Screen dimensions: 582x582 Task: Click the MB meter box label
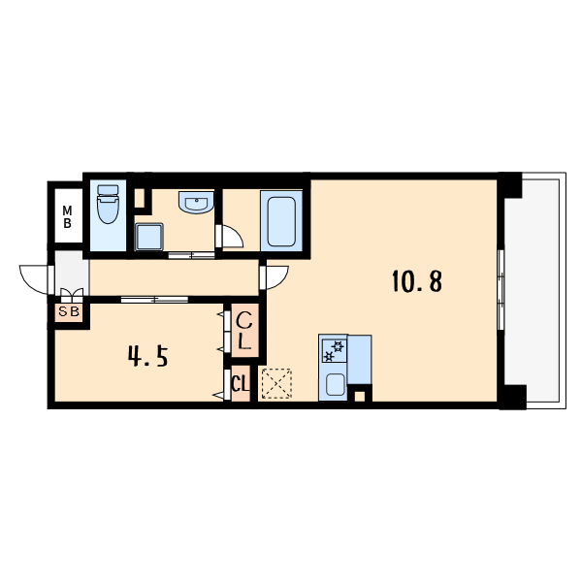(x=67, y=217)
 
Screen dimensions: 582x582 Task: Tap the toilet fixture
(x=108, y=204)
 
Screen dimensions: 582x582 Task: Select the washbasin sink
(x=196, y=203)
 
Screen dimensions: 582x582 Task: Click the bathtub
(x=281, y=221)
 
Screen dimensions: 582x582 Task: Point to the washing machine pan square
(x=149, y=237)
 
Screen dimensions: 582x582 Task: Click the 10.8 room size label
(x=417, y=281)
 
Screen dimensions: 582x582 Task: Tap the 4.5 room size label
(x=148, y=356)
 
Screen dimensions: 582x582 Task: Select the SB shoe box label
(x=70, y=311)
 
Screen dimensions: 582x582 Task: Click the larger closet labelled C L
(x=244, y=331)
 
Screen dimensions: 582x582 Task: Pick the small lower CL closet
(x=241, y=383)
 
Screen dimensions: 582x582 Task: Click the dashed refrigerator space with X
(x=276, y=384)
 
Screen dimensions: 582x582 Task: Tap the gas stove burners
(x=334, y=351)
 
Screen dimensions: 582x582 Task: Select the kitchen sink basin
(x=336, y=384)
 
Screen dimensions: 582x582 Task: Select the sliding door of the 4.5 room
(x=154, y=300)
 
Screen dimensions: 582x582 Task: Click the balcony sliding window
(x=501, y=289)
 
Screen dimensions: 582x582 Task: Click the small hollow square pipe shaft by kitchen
(x=359, y=396)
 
